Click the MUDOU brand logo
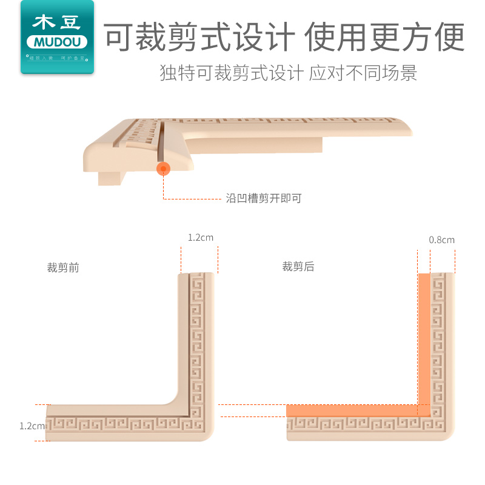tap(58, 36)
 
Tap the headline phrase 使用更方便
tap(384, 37)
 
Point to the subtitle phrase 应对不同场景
tap(363, 73)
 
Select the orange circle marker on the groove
tap(163, 169)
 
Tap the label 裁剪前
tap(63, 267)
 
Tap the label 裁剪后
tap(298, 267)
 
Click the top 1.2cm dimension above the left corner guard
tap(200, 238)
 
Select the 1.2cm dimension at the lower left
tap(32, 426)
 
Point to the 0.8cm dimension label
tap(441, 240)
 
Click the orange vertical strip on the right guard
tap(424, 339)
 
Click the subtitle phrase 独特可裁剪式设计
tap(231, 73)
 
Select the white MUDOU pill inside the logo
tap(58, 42)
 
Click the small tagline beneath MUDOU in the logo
tap(58, 58)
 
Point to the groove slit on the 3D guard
tap(162, 139)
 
